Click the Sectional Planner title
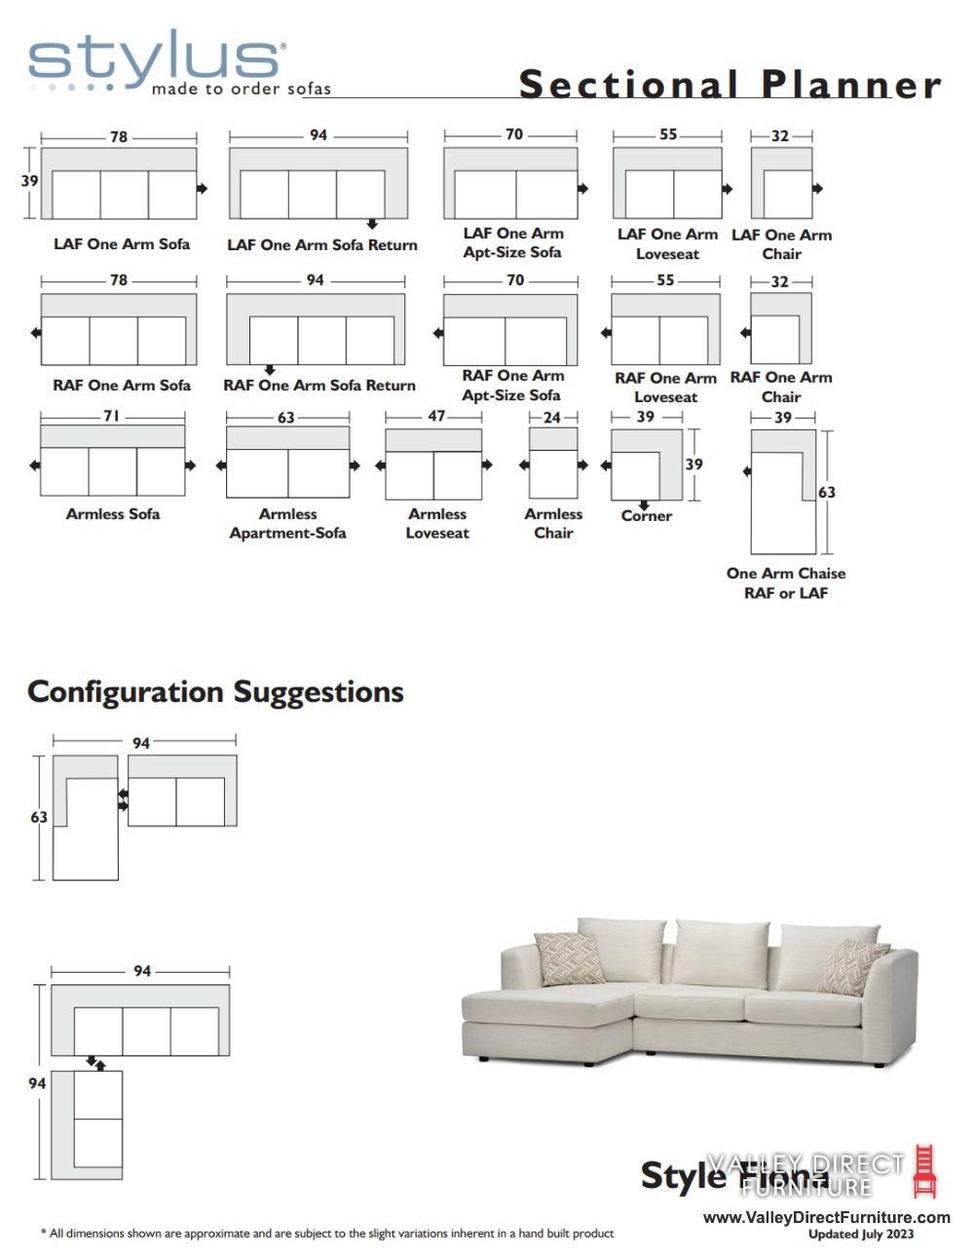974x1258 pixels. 730,85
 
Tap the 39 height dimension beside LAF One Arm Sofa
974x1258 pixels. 30,181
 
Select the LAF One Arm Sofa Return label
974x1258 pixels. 321,245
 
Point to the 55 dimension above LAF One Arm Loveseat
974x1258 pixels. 667,134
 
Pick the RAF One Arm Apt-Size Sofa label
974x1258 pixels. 512,386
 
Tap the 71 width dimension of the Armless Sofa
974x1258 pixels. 112,416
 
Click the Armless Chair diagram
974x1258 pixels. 553,464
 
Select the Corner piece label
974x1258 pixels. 647,516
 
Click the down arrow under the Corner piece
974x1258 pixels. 644,505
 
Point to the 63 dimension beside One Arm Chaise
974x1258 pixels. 827,493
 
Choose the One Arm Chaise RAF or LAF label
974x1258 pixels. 786,583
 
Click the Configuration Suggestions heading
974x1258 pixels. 215,692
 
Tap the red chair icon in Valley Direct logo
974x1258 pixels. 924,1171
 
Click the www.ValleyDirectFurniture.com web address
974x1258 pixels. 826,1217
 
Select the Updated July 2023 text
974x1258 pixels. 861,1235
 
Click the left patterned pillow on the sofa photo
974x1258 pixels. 570,958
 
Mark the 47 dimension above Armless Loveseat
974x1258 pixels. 436,417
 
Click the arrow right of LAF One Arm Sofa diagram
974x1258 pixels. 202,188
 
